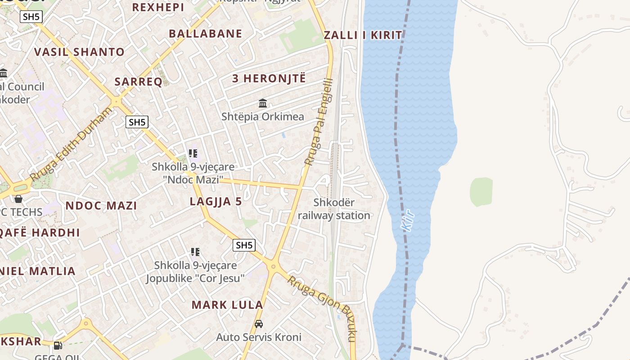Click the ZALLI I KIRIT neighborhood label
pyautogui.click(x=363, y=35)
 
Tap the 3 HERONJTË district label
pyautogui.click(x=269, y=78)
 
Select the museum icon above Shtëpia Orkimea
pyautogui.click(x=263, y=103)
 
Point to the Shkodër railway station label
pyautogui.click(x=334, y=209)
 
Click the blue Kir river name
pyautogui.click(x=408, y=220)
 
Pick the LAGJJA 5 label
pyautogui.click(x=216, y=202)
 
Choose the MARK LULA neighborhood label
pyautogui.click(x=227, y=305)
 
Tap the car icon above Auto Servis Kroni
pyautogui.click(x=259, y=324)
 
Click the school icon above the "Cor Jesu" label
pyautogui.click(x=195, y=252)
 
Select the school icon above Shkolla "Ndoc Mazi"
pyautogui.click(x=193, y=153)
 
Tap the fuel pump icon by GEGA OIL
pyautogui.click(x=58, y=346)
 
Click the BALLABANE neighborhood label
pyautogui.click(x=205, y=34)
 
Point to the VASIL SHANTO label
pyautogui.click(x=79, y=52)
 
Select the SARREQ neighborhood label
pyautogui.click(x=138, y=81)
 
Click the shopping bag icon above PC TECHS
pyautogui.click(x=18, y=198)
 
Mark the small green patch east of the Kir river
pyautogui.click(x=481, y=192)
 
